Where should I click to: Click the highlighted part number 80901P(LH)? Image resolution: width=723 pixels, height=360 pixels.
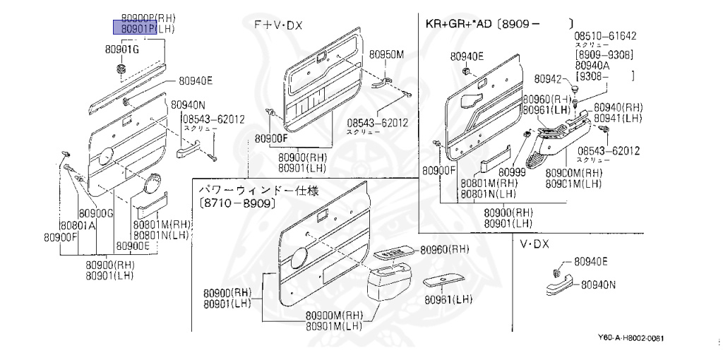(x=144, y=28)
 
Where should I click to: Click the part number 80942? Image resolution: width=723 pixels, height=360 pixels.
(x=547, y=78)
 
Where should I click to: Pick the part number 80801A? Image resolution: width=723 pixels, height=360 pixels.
(x=77, y=226)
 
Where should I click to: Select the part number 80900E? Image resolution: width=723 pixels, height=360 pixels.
(x=133, y=246)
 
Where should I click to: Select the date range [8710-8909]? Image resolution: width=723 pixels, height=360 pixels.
(x=237, y=203)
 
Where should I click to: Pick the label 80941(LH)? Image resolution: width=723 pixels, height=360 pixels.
(x=618, y=118)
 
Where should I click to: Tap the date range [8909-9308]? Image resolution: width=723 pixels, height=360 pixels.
(x=604, y=55)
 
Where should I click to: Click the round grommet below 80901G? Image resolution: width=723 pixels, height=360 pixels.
(x=121, y=68)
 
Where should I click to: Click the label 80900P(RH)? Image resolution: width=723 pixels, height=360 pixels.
(x=148, y=18)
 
